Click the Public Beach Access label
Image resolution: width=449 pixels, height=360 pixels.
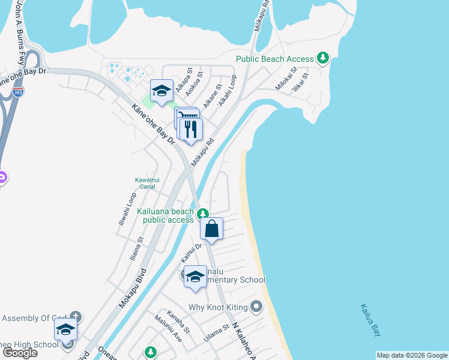(274, 59)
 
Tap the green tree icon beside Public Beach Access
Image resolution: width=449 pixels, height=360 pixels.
(324, 58)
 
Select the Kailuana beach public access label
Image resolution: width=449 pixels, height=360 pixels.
(165, 215)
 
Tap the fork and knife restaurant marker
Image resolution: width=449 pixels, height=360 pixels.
(191, 129)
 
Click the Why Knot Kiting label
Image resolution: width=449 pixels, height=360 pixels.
(218, 308)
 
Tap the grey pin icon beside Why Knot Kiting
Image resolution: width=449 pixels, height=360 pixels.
(256, 307)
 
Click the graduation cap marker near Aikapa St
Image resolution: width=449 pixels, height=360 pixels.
(161, 91)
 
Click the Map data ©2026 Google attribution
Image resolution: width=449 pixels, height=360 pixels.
(412, 355)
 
